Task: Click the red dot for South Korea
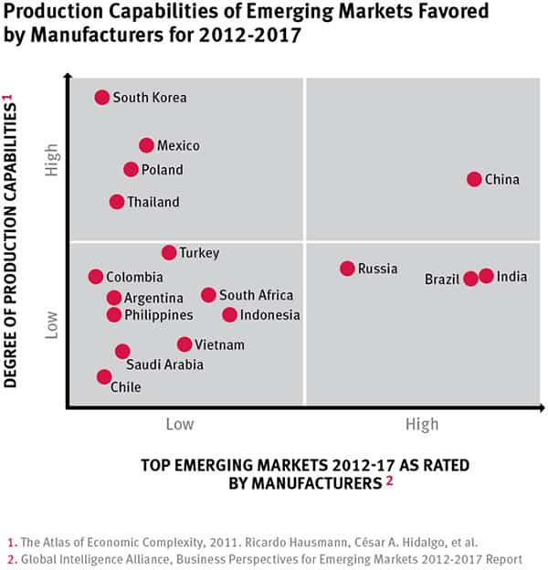[x=102, y=97]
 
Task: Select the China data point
[x=474, y=179]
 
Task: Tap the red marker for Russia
[x=347, y=269]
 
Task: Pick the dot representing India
[x=486, y=276]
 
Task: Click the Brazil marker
[x=470, y=279]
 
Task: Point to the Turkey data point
[x=169, y=253]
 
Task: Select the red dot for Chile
[x=104, y=376]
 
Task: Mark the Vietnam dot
[x=184, y=344]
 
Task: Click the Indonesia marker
[x=229, y=315]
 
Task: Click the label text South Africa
[x=256, y=295]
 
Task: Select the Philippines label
[x=158, y=315]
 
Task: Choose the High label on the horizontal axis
[x=422, y=424]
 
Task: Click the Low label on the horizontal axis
[x=180, y=424]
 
